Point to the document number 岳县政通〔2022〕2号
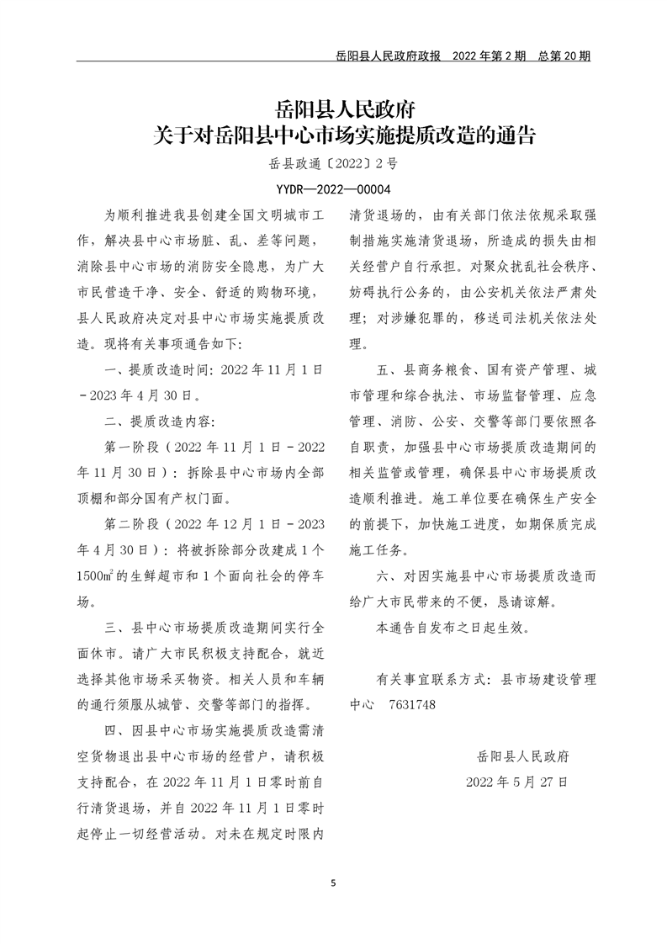point(333,167)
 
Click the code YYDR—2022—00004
point(333,190)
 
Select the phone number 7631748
point(413,703)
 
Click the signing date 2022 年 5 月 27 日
point(517,782)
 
